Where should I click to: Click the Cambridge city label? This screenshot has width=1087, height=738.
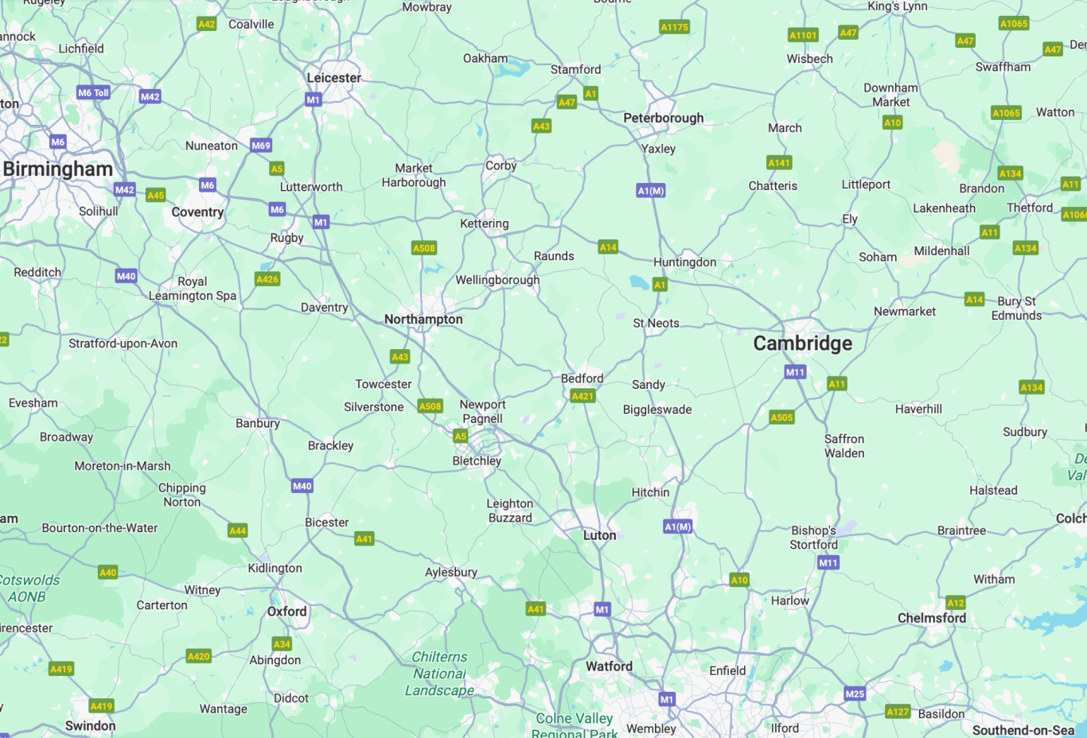pos(802,344)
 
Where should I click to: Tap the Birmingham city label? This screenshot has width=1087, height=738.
pos(58,169)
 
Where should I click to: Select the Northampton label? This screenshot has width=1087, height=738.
pos(423,320)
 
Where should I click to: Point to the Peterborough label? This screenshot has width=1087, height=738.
pos(663,118)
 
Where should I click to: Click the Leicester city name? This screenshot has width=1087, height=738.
pos(334,78)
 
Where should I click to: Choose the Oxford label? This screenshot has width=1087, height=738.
pos(286,612)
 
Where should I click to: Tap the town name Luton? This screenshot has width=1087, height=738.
pos(599,536)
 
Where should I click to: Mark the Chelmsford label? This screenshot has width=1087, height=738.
pos(932,618)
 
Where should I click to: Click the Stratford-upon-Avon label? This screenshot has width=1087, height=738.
pos(123,344)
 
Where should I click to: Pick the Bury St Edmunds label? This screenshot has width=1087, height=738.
pos(1017,309)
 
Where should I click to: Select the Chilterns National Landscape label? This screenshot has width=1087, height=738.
pos(439,674)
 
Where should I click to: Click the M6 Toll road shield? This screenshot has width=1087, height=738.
pos(93,93)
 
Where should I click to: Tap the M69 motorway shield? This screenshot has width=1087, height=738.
pos(261,146)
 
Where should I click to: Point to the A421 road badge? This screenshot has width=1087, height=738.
pos(582,396)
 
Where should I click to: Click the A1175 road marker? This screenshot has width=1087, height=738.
pos(674,27)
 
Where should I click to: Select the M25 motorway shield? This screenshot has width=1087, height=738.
pos(855,693)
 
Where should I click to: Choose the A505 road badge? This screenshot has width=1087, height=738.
pos(781,418)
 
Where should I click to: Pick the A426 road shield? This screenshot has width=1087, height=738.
pos(267,279)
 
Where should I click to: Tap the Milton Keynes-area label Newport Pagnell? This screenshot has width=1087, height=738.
pos(482,412)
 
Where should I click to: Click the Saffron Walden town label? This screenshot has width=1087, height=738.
pos(844,446)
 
